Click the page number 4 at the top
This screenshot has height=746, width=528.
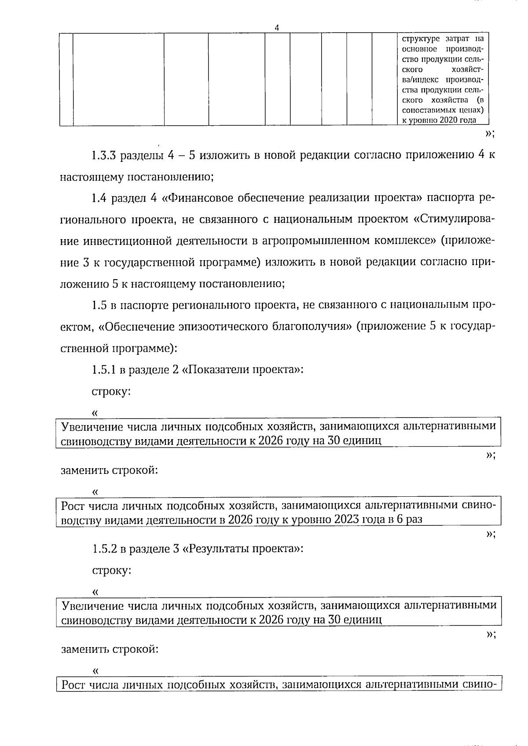tap(277, 28)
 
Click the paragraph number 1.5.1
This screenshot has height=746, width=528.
tap(103, 370)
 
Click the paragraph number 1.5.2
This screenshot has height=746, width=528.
tap(104, 549)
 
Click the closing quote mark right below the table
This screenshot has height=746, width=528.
tap(489, 134)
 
